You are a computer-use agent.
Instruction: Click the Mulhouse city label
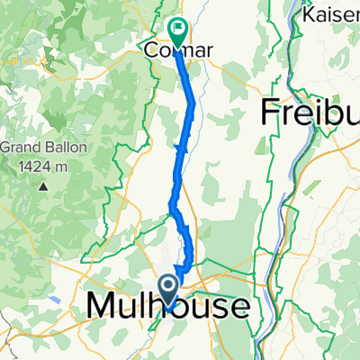[168, 307]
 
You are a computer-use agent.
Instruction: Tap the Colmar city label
[179, 51]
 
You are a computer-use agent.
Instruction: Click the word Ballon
[59, 147]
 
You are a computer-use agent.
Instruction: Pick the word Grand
[19, 147]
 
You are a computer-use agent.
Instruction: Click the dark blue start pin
[168, 290]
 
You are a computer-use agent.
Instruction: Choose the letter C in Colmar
[152, 51]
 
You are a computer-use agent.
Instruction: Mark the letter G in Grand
[5, 147]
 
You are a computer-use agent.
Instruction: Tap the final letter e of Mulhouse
[239, 307]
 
